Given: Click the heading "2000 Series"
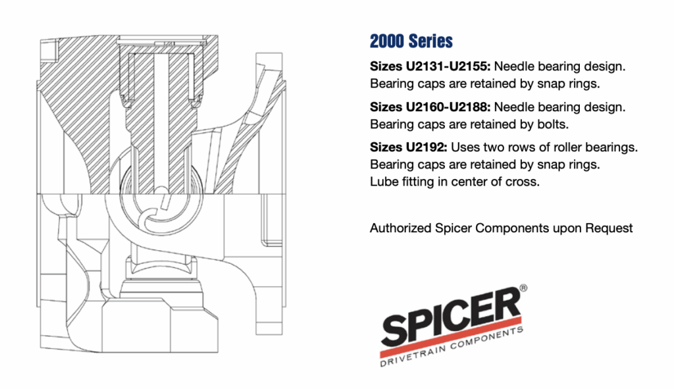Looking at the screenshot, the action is (x=411, y=41).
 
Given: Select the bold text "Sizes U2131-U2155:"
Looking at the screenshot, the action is (x=430, y=66).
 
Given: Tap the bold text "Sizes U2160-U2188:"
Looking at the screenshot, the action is (x=430, y=107).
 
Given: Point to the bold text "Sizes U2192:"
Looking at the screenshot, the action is (x=408, y=147).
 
